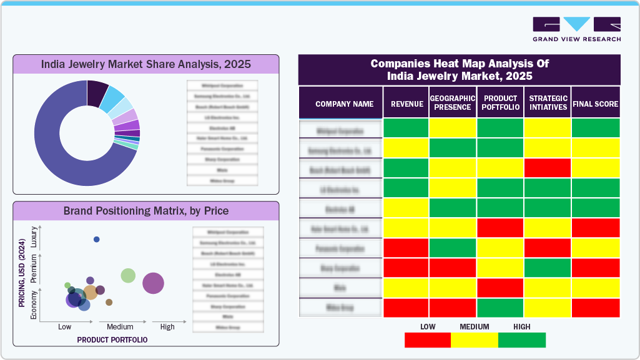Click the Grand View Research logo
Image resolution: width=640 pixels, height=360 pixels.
click(576, 29)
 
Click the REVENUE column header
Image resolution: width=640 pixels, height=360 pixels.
click(406, 104)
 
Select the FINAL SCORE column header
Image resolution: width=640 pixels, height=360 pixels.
click(595, 104)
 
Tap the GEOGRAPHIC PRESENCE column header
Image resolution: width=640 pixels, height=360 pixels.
click(453, 103)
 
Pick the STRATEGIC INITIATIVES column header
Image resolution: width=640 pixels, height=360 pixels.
click(548, 103)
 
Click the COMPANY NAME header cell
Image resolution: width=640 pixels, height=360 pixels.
click(344, 104)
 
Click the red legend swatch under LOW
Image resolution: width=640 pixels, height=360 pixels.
click(428, 340)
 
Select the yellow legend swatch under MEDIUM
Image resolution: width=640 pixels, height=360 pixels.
click(475, 340)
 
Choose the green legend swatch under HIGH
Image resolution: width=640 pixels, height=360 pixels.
click(522, 340)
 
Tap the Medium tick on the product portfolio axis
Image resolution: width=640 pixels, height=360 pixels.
click(120, 327)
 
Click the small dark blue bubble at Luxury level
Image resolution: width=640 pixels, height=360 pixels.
click(96, 239)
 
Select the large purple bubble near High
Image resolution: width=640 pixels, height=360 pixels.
click(153, 283)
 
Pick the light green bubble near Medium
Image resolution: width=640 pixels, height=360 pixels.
click(128, 275)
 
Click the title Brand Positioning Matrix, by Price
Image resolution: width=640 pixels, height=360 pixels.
click(146, 211)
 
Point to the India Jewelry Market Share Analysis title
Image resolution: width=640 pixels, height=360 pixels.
click(146, 64)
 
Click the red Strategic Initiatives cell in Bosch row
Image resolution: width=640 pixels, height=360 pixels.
click(548, 168)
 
